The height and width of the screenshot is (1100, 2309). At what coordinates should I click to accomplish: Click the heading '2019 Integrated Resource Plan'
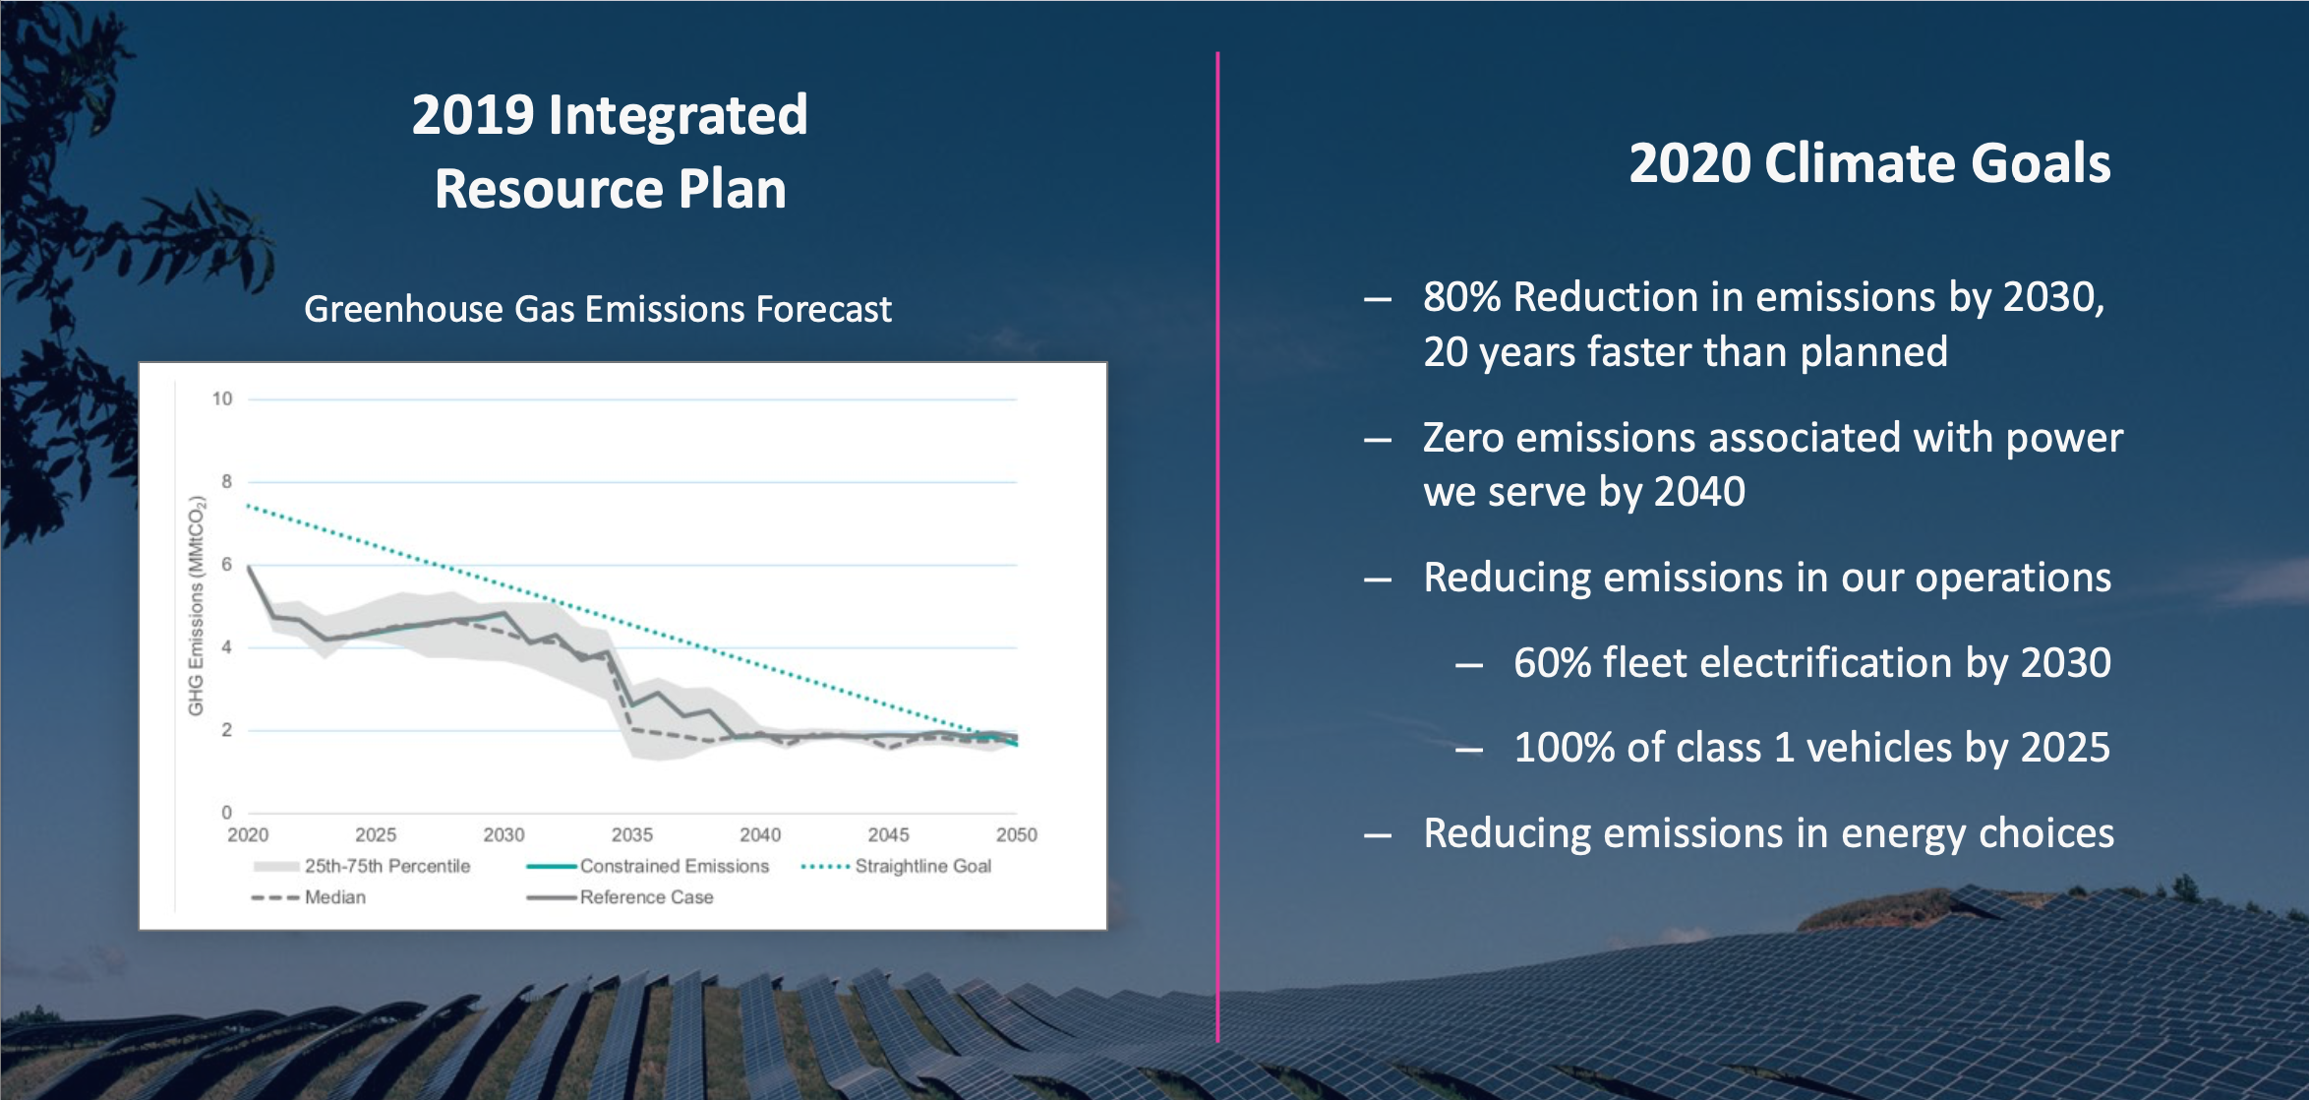[610, 152]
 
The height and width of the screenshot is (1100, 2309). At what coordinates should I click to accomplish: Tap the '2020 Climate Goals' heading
[1869, 163]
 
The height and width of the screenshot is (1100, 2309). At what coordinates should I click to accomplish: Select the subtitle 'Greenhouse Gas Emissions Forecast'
[598, 309]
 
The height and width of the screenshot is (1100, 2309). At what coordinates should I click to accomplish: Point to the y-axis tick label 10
[222, 398]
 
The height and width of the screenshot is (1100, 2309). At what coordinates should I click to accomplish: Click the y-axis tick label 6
[226, 564]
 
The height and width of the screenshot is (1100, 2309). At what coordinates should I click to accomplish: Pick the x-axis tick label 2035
[631, 834]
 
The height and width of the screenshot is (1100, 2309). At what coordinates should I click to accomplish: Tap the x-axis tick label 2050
[1016, 834]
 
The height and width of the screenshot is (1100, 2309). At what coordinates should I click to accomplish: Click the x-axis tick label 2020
[248, 834]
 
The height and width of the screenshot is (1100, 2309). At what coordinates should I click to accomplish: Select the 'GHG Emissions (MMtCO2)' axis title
[197, 606]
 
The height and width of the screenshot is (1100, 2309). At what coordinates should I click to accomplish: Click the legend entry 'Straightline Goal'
[922, 866]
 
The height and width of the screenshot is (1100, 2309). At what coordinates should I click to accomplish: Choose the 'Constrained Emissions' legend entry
[674, 866]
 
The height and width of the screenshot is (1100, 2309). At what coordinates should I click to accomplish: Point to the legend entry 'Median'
[334, 897]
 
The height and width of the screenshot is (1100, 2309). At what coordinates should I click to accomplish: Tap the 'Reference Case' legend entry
[646, 897]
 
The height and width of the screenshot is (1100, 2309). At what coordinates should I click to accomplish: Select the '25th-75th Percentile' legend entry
[386, 866]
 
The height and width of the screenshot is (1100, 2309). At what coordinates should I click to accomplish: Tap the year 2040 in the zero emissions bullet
[1698, 492]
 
